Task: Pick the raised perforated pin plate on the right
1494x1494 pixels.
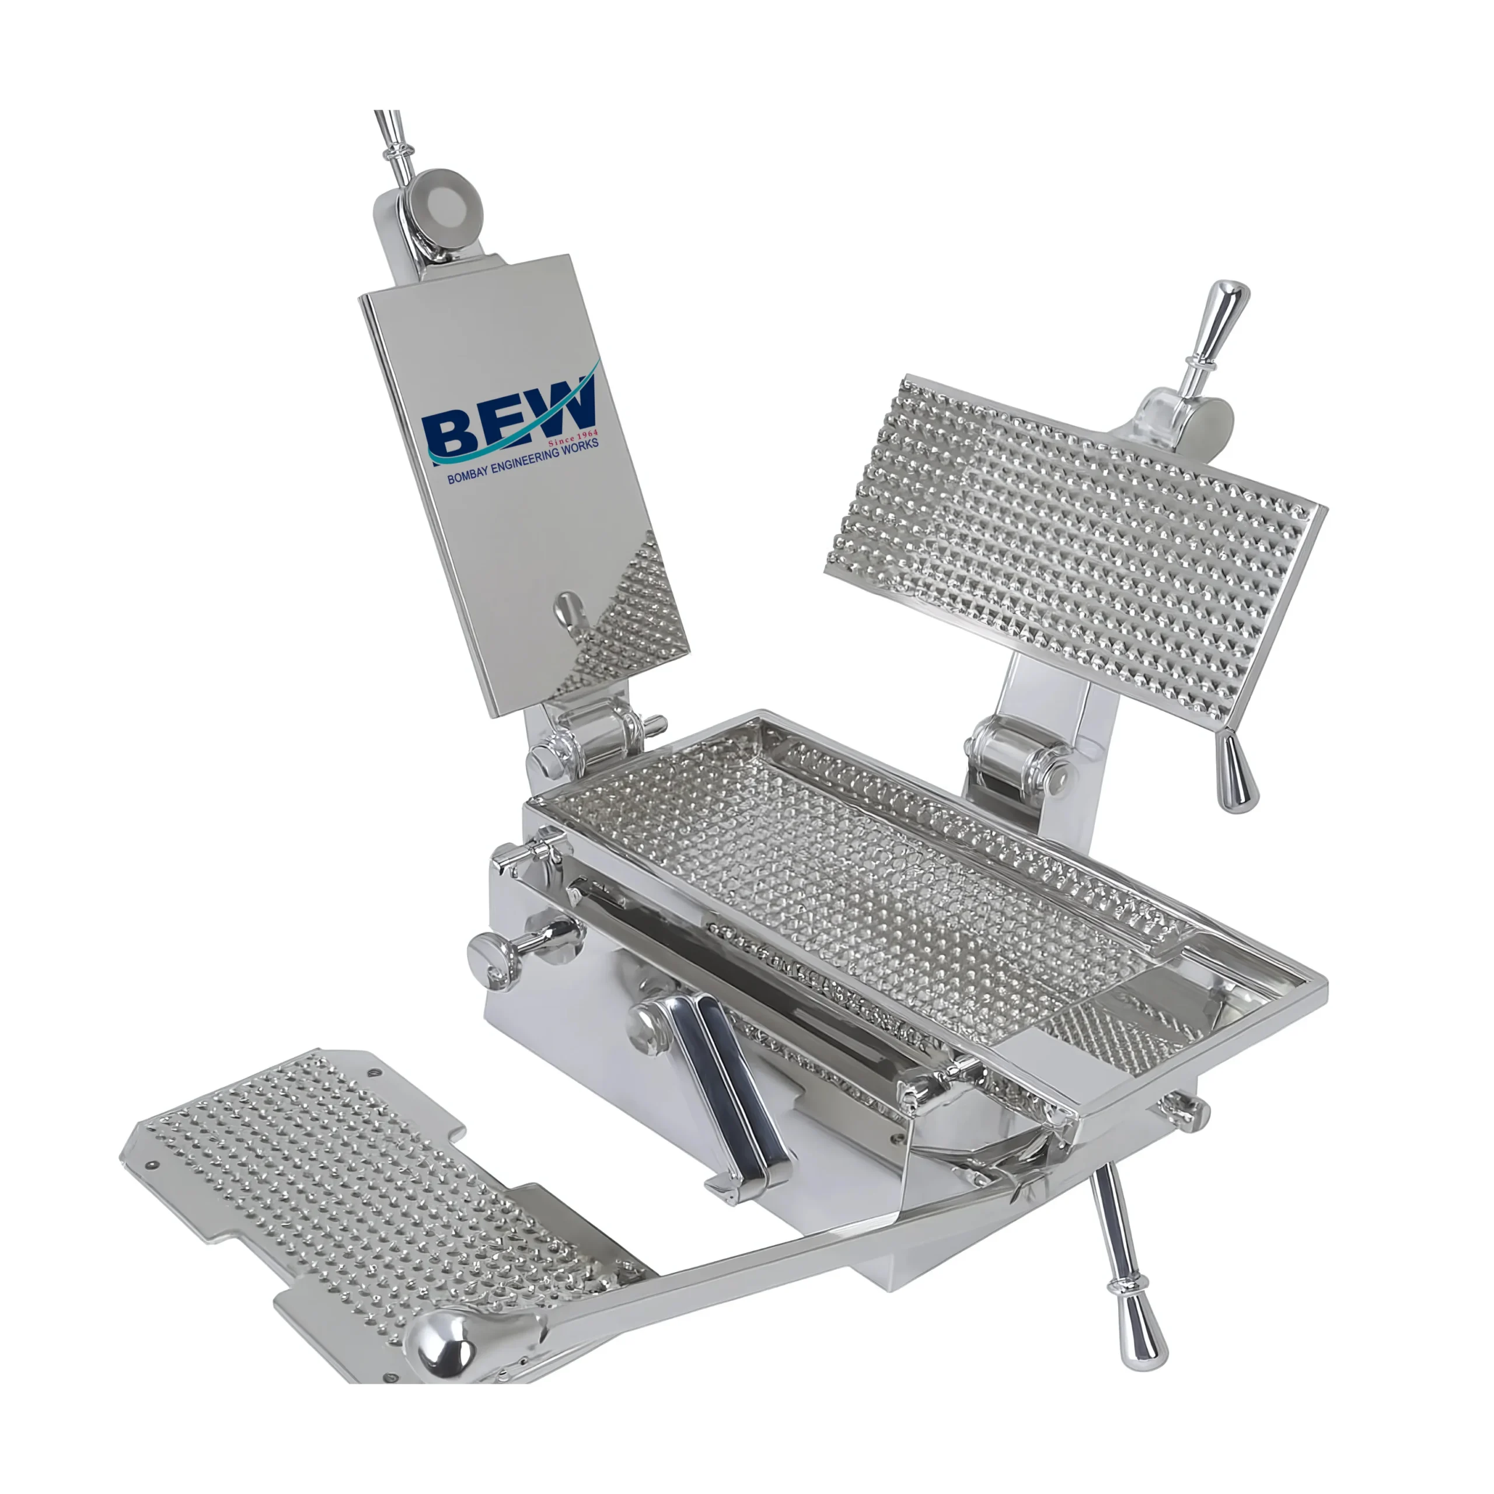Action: tap(1075, 533)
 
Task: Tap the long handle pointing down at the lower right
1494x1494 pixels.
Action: tap(1125, 1268)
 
